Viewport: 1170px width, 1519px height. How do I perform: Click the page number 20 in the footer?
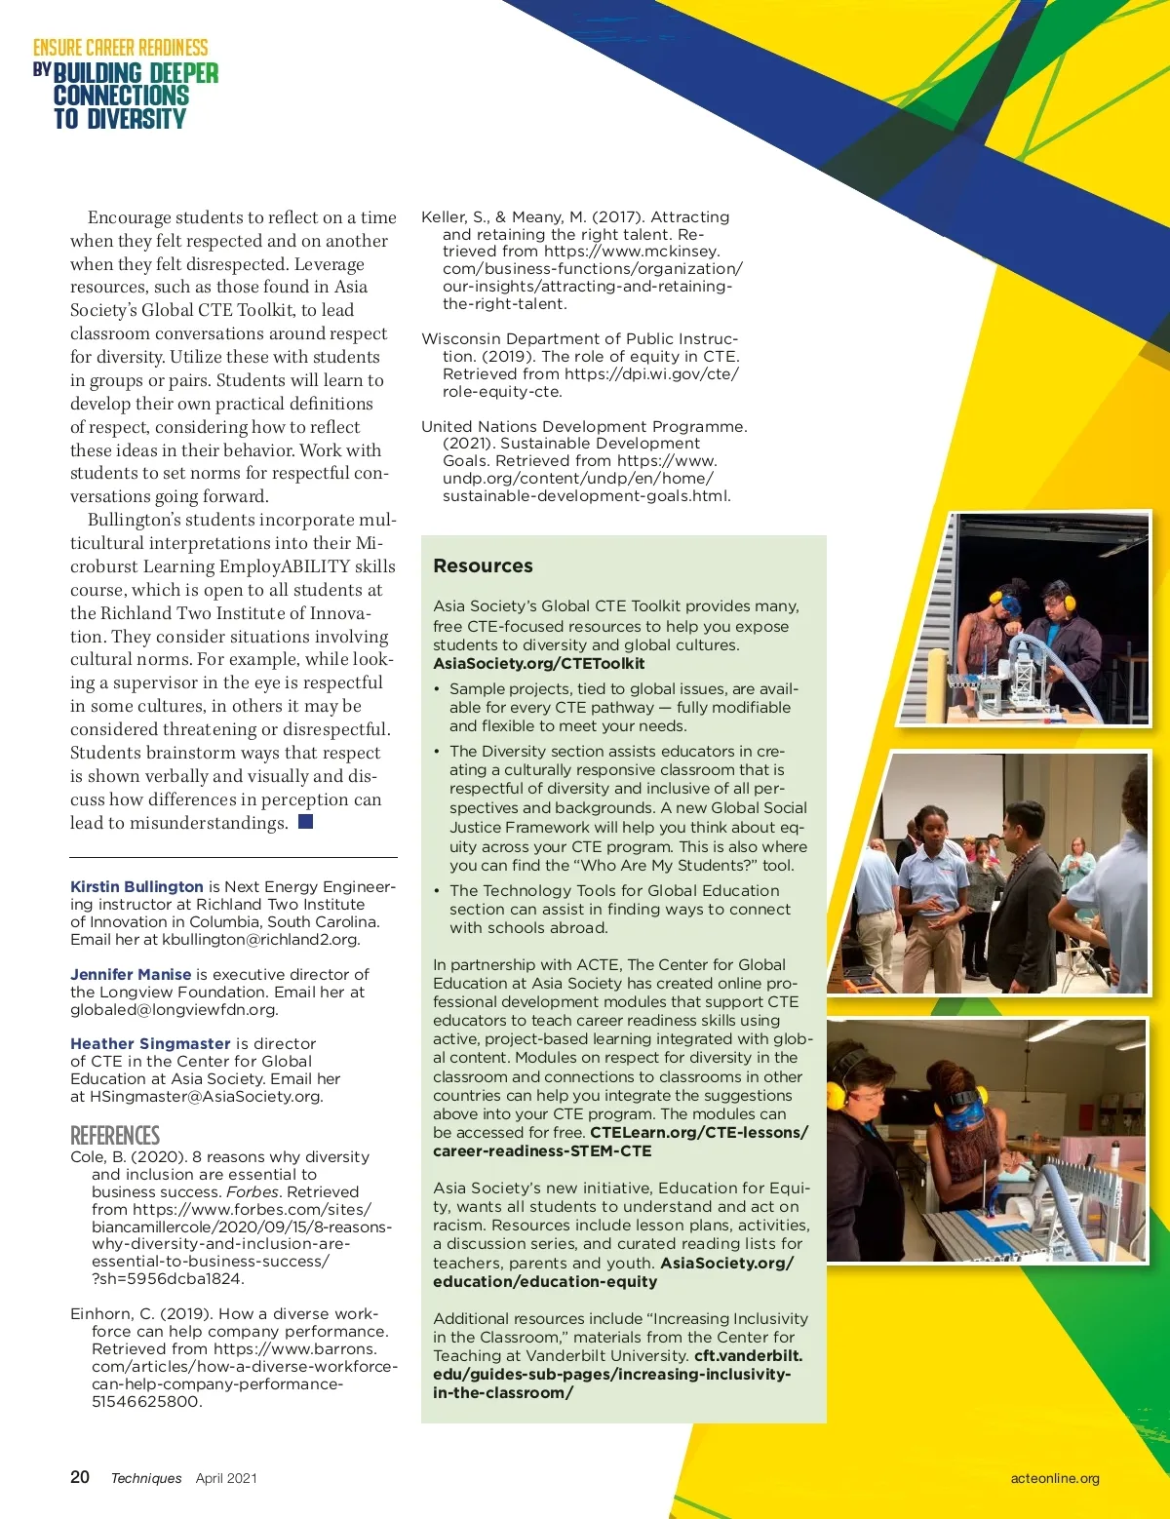[x=80, y=1477]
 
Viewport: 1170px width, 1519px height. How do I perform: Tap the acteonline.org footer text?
[x=1054, y=1478]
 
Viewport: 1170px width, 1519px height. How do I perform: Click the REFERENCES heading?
[x=115, y=1135]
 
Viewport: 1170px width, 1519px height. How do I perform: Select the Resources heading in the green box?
[x=483, y=565]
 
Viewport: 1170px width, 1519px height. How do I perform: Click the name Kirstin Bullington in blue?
[x=136, y=886]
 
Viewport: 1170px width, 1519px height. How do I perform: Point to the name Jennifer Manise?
[x=131, y=974]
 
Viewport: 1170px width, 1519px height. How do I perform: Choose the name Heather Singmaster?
[x=150, y=1043]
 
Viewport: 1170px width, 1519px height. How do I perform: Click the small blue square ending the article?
[x=305, y=822]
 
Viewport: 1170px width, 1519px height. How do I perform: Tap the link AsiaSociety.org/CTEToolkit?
[x=538, y=664]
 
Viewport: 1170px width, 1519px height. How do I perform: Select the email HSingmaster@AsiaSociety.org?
[x=205, y=1096]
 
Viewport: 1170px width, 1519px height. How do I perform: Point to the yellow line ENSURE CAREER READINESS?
[x=121, y=48]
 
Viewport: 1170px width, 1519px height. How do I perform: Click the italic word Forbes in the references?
[x=253, y=1191]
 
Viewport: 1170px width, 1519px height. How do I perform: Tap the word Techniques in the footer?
[x=146, y=1478]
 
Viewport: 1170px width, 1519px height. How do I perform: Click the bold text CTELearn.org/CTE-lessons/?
[x=699, y=1132]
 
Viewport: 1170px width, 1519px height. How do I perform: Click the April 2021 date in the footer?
[x=226, y=1478]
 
